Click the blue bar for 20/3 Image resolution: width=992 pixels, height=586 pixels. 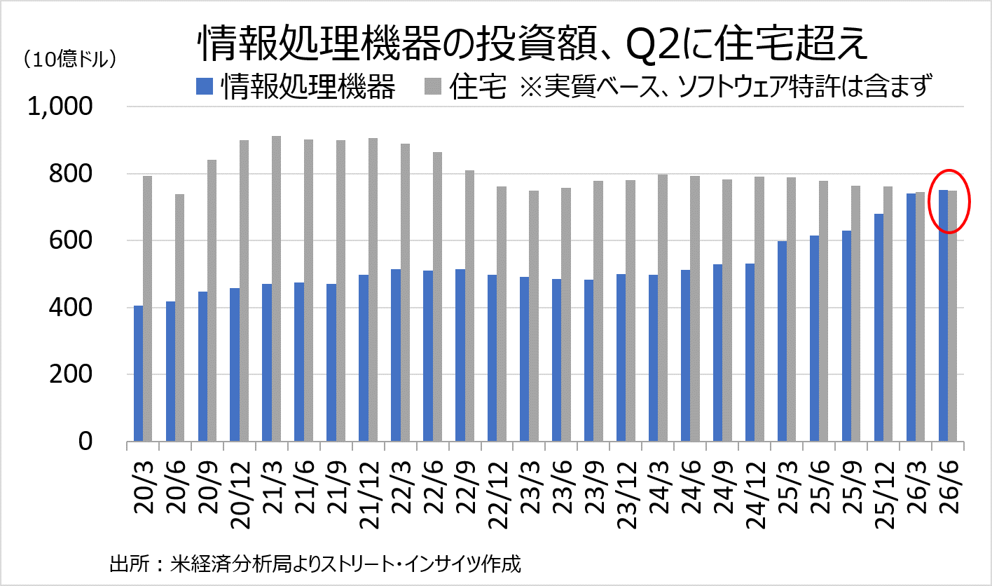[x=138, y=373]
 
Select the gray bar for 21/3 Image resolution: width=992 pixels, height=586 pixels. [x=276, y=289]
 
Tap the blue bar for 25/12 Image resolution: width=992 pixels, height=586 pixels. [x=879, y=327]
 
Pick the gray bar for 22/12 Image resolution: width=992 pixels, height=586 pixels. [x=502, y=314]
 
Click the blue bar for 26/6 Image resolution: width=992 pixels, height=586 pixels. [x=943, y=315]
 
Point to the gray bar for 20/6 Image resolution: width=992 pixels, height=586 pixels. [x=180, y=318]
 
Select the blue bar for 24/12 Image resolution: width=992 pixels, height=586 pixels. [x=750, y=353]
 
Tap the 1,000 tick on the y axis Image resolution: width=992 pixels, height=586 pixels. [x=60, y=107]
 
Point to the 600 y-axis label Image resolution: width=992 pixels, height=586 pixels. [x=71, y=240]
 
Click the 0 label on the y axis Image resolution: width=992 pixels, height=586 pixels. [x=85, y=442]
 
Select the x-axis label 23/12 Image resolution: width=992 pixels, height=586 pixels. [x=626, y=495]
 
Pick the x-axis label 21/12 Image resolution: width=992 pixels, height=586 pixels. [x=369, y=495]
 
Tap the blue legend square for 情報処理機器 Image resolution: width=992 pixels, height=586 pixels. [x=205, y=86]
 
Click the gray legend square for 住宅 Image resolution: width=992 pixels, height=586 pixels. [x=433, y=86]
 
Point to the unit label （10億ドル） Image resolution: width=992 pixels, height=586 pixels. [x=69, y=59]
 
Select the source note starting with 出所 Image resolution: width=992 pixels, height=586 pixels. [x=315, y=564]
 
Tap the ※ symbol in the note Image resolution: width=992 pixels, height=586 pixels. [x=530, y=86]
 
